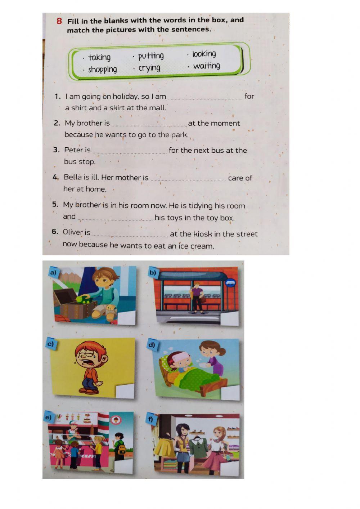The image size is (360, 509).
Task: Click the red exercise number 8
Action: (59, 21)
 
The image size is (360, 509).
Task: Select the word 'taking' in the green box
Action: (99, 58)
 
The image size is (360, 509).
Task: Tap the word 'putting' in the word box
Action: (151, 56)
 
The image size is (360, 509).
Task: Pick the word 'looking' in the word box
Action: (204, 54)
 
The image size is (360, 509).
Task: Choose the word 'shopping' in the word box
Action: (103, 70)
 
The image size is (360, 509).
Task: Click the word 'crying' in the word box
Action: (149, 68)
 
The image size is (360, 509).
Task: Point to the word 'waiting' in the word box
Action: (207, 66)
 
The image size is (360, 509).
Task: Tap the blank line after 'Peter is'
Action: (130, 153)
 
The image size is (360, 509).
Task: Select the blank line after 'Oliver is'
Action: (130, 237)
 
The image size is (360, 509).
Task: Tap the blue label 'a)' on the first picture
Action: (53, 272)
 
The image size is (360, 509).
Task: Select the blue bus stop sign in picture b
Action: (230, 283)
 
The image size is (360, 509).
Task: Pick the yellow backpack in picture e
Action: (122, 448)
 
